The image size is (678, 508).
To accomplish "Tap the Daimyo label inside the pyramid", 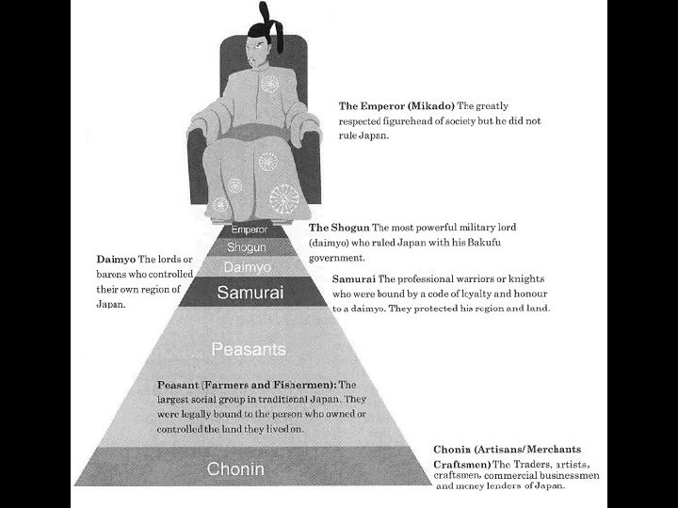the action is [248, 267].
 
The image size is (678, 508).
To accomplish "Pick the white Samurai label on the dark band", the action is [249, 293].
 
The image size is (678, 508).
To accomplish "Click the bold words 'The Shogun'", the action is [339, 229].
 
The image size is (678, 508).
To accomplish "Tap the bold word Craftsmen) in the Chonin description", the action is [463, 465].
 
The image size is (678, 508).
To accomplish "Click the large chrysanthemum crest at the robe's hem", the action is [283, 198].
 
